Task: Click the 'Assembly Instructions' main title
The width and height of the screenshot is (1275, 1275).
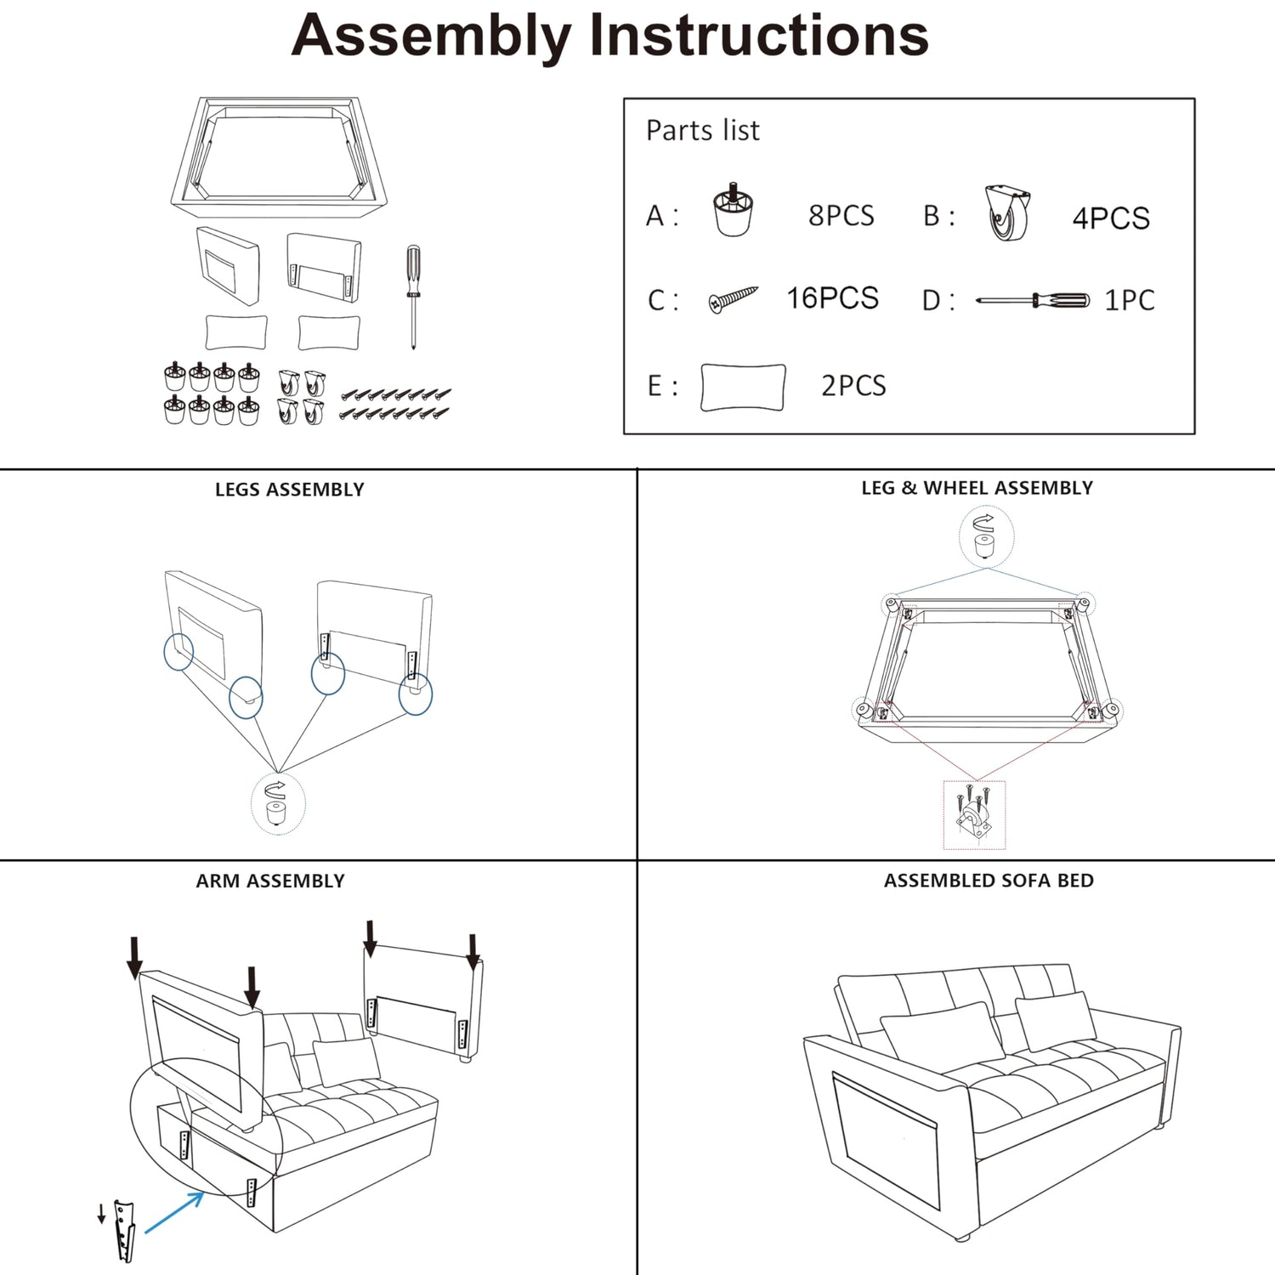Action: coord(609,37)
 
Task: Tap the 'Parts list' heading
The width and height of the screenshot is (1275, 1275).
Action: coord(703,130)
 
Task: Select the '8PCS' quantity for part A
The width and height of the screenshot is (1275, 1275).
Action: coord(841,216)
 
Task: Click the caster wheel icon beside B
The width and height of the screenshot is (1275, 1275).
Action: coord(1008,213)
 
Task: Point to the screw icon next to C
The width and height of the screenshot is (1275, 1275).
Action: coord(733,299)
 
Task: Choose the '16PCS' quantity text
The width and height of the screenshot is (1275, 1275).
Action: coord(832,298)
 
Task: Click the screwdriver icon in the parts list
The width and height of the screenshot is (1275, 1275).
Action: coord(1033,300)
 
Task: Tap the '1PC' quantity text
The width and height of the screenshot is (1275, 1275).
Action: coord(1129,300)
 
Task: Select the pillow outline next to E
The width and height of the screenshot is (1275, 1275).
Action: coord(743,388)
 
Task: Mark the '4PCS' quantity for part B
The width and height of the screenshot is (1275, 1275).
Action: coord(1111,218)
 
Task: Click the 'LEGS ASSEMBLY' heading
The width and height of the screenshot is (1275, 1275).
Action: coord(289,490)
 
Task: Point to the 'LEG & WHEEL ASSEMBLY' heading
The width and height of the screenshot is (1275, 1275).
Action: coord(977,488)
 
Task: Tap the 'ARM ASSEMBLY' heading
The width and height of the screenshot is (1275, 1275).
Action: coord(270,881)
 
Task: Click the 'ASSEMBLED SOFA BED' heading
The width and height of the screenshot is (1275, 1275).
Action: coord(989,881)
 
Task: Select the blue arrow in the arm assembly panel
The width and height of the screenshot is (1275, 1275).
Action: coord(174,1212)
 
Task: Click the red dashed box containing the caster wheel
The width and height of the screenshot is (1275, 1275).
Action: coord(974,814)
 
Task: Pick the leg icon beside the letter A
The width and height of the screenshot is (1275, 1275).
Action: coord(733,209)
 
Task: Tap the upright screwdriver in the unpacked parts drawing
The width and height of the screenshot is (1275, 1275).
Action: coord(413,297)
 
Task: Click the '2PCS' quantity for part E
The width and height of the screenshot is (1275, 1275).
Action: coord(853,386)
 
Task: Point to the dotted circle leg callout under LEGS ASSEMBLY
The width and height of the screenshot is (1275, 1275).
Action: coord(278,803)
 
